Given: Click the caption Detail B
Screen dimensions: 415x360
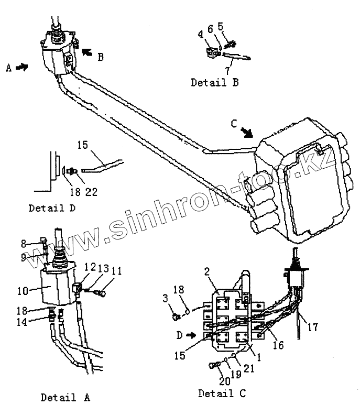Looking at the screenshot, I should (215, 82).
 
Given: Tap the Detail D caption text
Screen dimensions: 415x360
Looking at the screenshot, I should (52, 207).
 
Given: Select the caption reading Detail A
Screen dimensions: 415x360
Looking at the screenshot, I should (66, 397).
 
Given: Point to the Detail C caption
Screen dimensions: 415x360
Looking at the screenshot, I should (222, 392).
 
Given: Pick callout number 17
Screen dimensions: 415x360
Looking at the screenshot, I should (312, 329).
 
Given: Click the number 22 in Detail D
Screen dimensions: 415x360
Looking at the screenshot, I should (92, 192).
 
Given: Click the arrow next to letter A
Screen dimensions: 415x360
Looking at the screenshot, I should (21, 67).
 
